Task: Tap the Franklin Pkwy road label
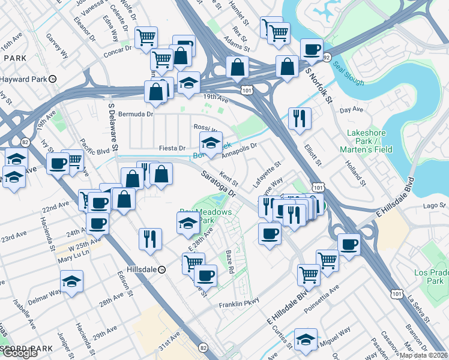point(238,304)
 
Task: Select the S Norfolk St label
point(319,86)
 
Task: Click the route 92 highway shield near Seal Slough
point(327,58)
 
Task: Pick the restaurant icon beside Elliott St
point(299,118)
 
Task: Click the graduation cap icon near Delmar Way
point(71,281)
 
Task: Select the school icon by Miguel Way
point(306,338)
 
